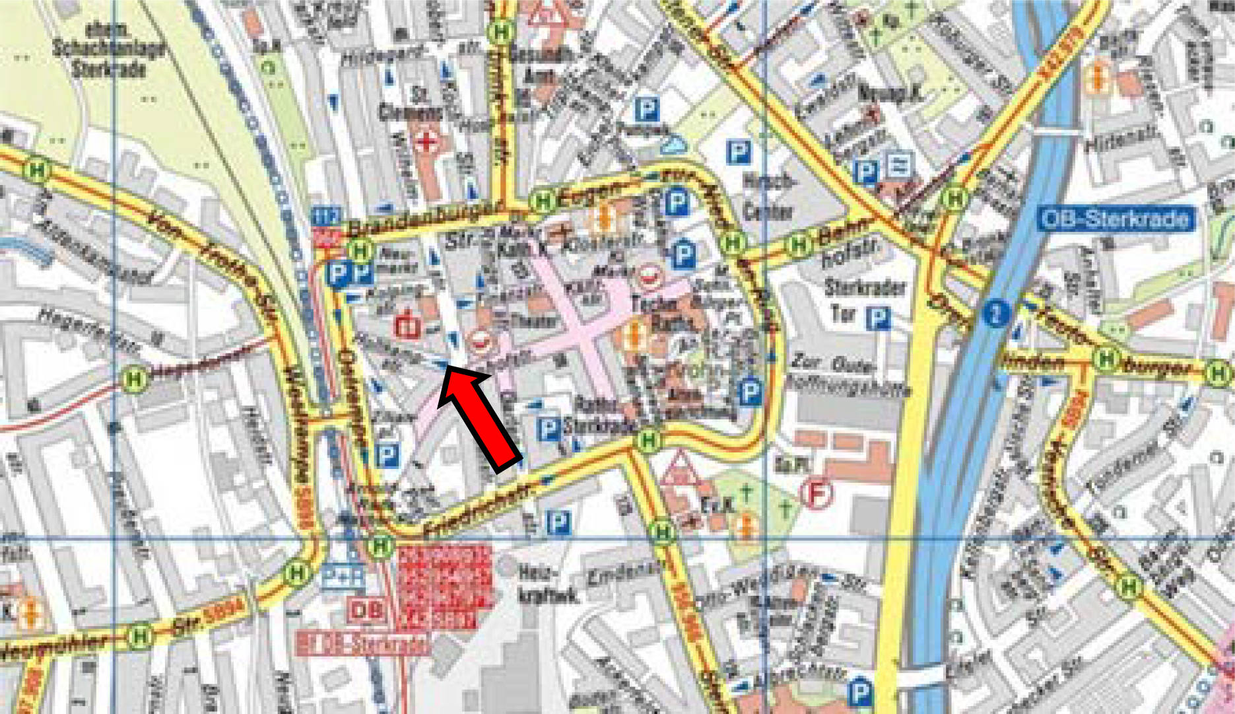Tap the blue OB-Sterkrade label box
1116,219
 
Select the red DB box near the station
366,610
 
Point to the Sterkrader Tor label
864,299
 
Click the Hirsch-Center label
767,196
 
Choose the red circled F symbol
817,493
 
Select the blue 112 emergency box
327,216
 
